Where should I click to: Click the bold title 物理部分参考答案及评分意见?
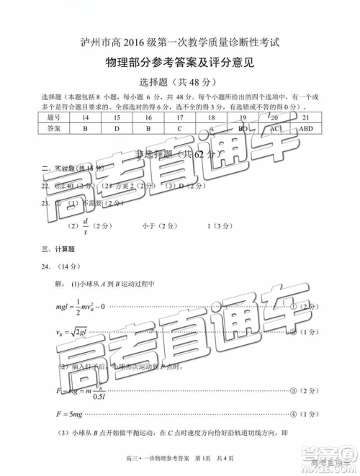pos(179,62)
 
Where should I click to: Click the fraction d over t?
pos(85,226)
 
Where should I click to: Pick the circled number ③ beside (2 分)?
pos(292,390)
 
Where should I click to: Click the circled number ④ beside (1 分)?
pos(292,414)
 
